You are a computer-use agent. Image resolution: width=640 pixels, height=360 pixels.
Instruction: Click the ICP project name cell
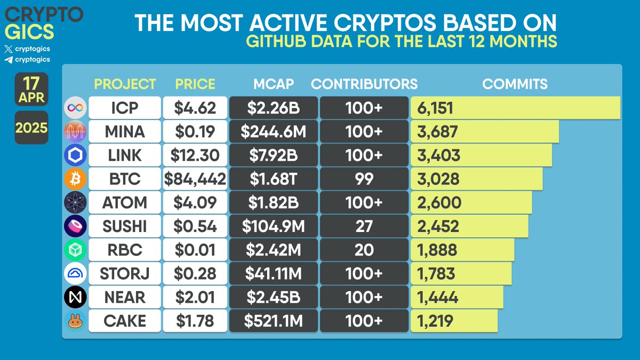tap(124, 108)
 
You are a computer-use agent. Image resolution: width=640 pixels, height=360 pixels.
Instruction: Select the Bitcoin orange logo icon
tap(75, 179)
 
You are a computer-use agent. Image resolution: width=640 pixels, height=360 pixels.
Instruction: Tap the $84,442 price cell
tap(195, 179)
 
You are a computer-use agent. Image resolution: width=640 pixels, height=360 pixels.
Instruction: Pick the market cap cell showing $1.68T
tap(273, 179)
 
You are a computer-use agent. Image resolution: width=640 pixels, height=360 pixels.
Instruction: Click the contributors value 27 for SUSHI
tap(364, 226)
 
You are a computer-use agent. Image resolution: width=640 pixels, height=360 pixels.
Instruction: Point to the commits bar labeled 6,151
tap(515, 108)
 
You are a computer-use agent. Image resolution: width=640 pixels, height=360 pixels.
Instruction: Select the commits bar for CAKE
tap(454, 321)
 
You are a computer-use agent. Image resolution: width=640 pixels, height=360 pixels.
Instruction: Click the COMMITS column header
tap(515, 84)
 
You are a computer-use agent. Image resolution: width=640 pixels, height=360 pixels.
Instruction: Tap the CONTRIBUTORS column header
tap(364, 84)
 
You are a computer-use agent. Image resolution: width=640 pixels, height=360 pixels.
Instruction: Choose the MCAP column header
tap(273, 84)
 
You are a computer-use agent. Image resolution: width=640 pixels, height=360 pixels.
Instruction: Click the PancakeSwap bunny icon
tap(75, 321)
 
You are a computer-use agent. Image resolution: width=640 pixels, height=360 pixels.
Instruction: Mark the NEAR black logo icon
tap(75, 297)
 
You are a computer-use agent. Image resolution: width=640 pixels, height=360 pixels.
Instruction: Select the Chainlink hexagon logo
tap(75, 155)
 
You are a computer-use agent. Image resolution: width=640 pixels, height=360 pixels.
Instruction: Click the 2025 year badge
tap(31, 128)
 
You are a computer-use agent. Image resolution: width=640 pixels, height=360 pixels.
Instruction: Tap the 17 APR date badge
tap(31, 90)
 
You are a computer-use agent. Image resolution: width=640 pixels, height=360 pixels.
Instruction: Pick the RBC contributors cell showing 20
tap(364, 250)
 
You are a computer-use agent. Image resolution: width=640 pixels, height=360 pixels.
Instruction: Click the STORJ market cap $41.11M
tap(273, 273)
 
